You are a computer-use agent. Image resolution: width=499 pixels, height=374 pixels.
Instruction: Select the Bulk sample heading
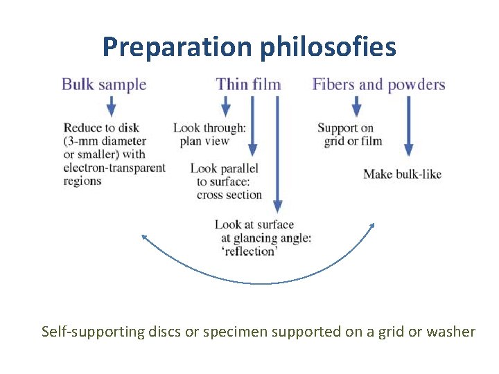[x=104, y=85]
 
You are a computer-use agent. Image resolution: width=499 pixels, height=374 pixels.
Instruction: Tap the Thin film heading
[x=248, y=85]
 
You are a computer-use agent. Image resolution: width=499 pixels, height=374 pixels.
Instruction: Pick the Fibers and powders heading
[x=378, y=85]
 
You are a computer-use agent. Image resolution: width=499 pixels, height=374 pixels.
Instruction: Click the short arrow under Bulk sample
[x=111, y=106]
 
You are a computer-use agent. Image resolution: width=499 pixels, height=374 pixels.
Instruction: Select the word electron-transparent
[x=114, y=168]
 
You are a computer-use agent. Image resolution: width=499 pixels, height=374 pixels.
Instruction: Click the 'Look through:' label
[x=209, y=128]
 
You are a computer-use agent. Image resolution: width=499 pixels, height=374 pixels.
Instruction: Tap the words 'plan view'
[x=204, y=141]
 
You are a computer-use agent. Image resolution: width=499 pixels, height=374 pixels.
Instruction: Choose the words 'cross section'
[x=229, y=195]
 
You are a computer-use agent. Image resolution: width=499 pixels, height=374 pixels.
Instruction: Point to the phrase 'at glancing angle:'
[x=266, y=238]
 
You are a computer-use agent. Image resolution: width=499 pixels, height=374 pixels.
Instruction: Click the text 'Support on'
[x=345, y=128]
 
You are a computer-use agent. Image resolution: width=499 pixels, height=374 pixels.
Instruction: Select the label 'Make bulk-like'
[x=402, y=174]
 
